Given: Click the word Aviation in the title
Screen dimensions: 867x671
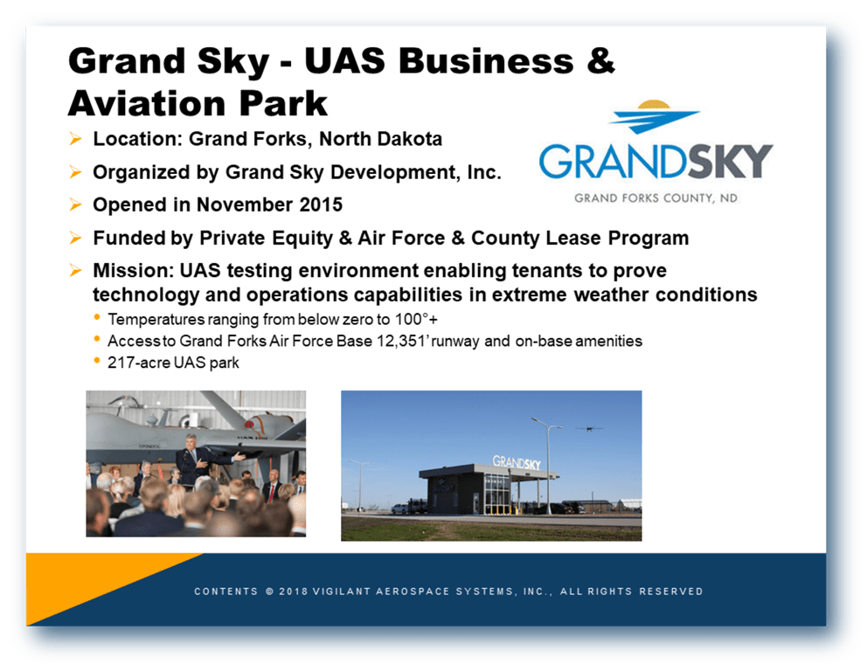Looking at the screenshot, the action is [x=148, y=103].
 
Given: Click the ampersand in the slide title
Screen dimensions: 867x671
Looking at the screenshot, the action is [x=600, y=60].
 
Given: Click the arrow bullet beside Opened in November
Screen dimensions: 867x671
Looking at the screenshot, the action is [x=76, y=204].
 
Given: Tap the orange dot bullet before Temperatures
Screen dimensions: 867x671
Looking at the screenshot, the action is [x=97, y=317].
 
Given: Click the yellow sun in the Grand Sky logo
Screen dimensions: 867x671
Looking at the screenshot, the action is [x=654, y=105].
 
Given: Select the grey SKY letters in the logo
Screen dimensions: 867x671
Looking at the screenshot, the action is [x=730, y=162].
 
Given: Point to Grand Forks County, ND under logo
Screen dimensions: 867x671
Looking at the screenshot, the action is [x=655, y=197].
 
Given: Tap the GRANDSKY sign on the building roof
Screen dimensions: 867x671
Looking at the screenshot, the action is [x=517, y=462].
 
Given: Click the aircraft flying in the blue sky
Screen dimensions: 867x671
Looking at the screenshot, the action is [x=588, y=428].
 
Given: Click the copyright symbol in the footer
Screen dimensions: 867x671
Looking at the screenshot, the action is [x=269, y=591].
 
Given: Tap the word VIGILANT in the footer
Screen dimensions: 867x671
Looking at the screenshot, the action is [x=341, y=591].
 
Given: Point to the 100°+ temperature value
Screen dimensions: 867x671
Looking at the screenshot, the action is [x=416, y=320].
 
